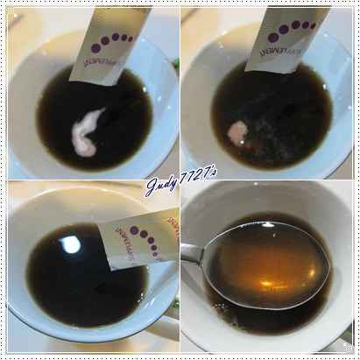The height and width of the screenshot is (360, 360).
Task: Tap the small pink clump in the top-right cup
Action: click(x=237, y=132)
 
